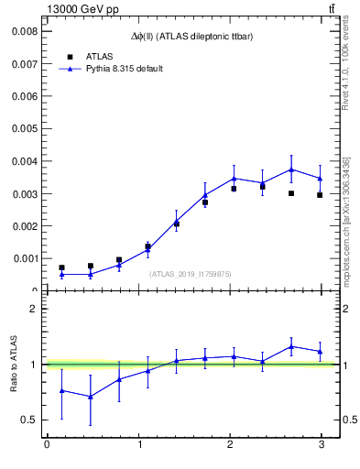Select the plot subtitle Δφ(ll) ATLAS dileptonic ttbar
tap(191, 36)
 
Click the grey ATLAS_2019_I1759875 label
tap(190, 273)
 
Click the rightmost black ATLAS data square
tap(320, 195)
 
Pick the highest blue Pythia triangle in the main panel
tap(291, 169)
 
